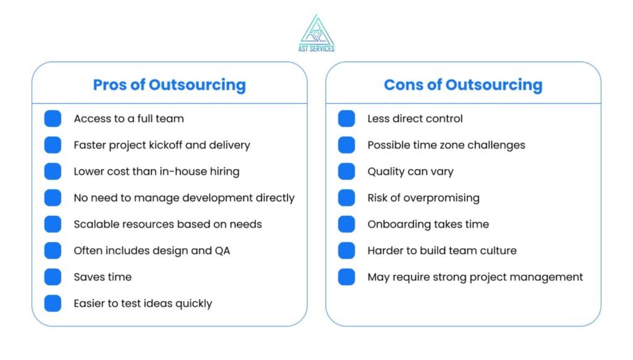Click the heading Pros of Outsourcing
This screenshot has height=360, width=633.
click(169, 85)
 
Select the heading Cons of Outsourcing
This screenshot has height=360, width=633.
click(463, 85)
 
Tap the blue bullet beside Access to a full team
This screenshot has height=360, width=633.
click(53, 118)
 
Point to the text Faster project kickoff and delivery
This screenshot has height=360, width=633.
click(162, 145)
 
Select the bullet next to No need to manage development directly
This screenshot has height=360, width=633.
click(53, 197)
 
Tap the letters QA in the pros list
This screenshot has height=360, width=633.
click(223, 251)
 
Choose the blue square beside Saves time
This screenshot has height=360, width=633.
click(53, 276)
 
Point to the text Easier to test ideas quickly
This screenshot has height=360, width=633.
click(143, 304)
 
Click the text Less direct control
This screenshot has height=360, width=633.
click(415, 118)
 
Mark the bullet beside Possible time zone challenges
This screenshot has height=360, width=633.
click(346, 145)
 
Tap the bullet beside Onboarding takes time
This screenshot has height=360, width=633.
click(346, 225)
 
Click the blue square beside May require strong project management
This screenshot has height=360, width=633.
click(346, 276)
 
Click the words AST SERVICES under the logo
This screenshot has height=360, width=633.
click(316, 48)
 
